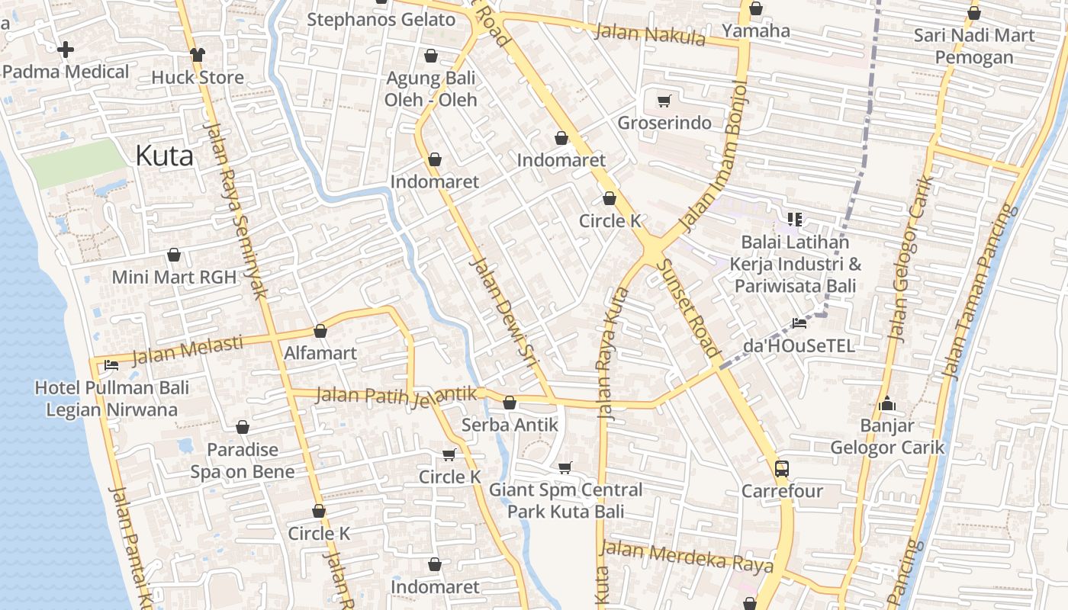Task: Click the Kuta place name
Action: pos(164,156)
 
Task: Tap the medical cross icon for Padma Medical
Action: pos(66,50)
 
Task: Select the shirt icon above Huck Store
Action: pos(198,54)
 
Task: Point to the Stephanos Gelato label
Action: pos(381,19)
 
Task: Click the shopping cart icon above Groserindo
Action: pos(664,101)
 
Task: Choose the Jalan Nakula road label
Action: pos(650,34)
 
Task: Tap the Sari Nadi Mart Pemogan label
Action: pos(974,46)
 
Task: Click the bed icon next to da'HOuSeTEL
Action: pos(799,323)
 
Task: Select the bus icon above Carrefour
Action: pos(781,468)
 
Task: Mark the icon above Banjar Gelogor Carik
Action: pos(886,403)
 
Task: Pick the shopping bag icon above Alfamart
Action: pos(320,331)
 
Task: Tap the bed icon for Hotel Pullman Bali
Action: pos(111,365)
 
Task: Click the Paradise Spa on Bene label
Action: pos(243,461)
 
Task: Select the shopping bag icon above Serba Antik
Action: pos(510,402)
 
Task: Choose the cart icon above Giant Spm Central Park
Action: pos(565,467)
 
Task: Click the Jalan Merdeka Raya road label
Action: pos(687,557)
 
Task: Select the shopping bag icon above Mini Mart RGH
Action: pos(174,255)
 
